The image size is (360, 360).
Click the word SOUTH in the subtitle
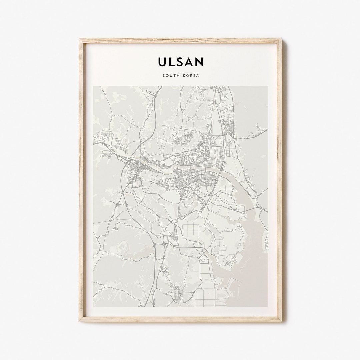(x=170, y=76)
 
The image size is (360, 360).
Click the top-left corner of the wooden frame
(x=80, y=39)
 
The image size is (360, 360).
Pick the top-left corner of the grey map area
(x=94, y=86)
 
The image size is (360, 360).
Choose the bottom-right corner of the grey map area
(x=268, y=306)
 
